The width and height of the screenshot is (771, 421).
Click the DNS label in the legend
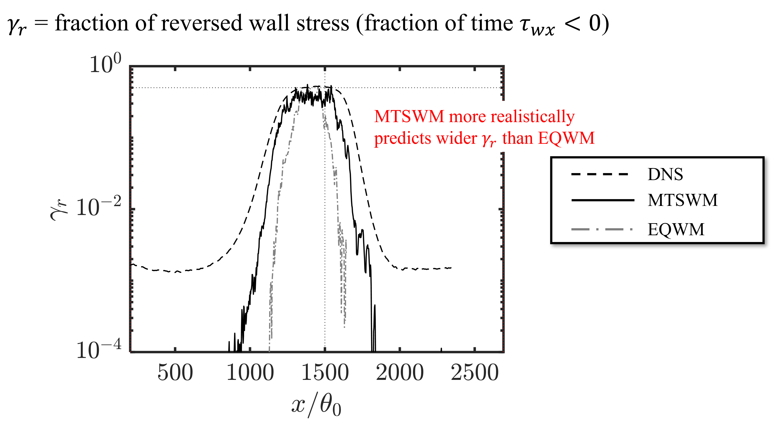665,174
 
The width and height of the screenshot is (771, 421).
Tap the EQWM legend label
676,230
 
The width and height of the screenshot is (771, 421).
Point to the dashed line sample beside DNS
599,174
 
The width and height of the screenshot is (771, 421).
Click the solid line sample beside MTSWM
603,200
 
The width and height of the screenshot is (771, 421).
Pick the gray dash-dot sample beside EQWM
602,230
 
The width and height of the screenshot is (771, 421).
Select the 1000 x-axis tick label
250,373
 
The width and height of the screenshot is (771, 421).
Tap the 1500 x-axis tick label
325,373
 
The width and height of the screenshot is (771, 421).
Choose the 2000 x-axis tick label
400,373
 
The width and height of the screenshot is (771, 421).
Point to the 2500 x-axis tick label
475,373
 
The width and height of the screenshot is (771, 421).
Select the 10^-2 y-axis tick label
99,207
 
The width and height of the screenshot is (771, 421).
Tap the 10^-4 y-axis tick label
99,349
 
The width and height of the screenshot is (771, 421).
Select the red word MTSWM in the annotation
409,117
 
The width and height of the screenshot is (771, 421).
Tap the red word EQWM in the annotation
566,139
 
